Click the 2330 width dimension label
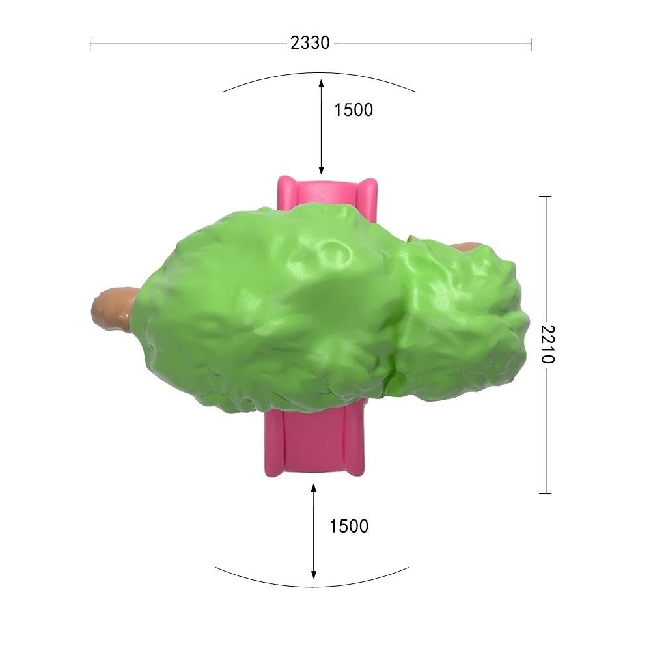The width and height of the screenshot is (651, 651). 310,43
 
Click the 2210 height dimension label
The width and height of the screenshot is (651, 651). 547,344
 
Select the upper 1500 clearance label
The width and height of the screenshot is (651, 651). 353,109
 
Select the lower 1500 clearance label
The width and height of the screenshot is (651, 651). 349,526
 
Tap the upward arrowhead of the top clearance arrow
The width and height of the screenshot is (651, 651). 321,83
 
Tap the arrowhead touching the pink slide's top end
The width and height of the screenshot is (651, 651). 321,170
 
